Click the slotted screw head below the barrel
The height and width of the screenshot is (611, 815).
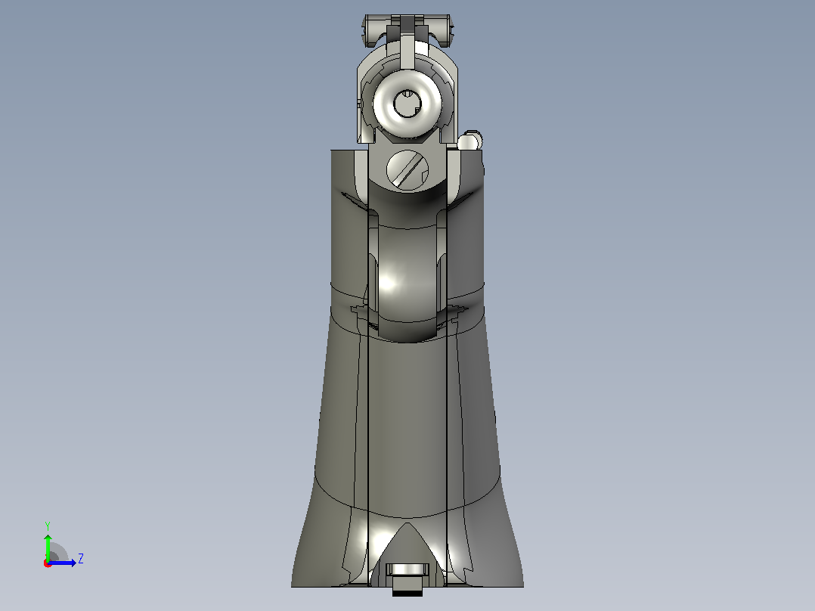[407, 169]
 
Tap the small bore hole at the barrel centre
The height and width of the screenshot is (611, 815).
[407, 104]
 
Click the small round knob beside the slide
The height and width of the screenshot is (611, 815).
[470, 141]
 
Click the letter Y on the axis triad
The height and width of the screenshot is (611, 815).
[48, 526]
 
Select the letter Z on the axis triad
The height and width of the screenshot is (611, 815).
[81, 559]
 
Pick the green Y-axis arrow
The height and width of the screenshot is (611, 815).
[48, 547]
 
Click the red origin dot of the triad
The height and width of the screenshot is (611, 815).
[48, 563]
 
